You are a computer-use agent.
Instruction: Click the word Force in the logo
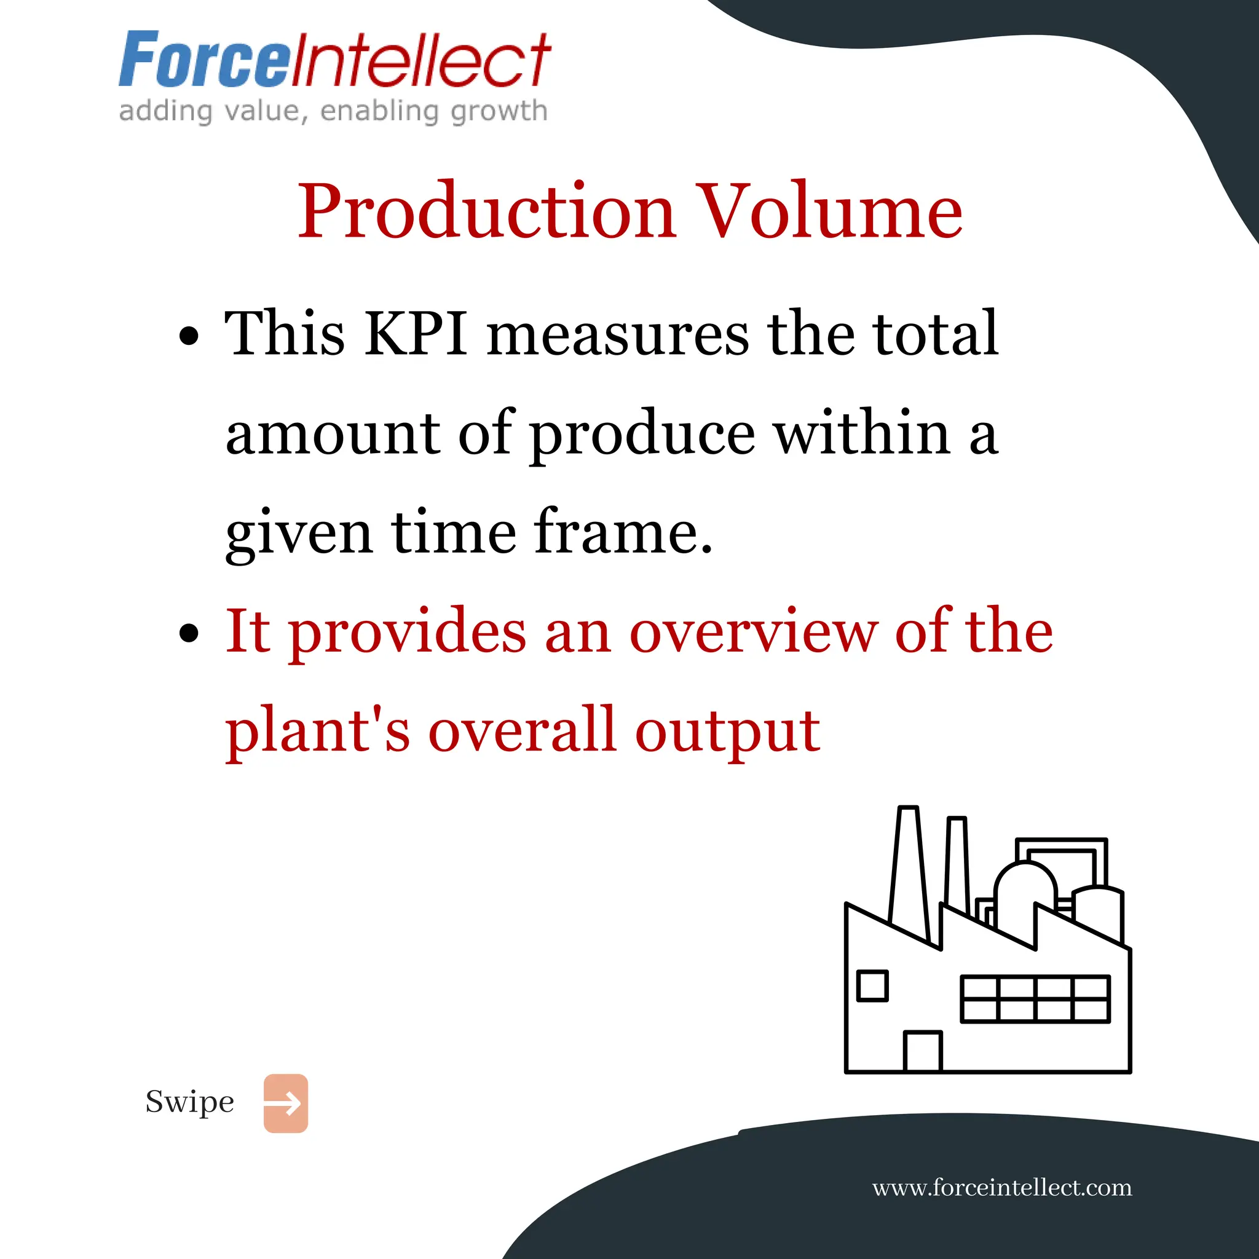click(203, 60)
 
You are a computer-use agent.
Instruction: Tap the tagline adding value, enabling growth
click(333, 111)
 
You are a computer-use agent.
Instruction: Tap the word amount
click(333, 434)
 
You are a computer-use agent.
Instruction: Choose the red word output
click(727, 731)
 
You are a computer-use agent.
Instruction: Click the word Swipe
click(189, 1102)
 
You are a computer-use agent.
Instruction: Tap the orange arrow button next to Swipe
click(285, 1103)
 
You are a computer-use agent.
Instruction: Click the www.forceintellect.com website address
click(1001, 1187)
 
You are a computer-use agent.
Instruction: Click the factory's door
click(923, 1051)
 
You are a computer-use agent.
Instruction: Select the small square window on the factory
click(872, 985)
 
